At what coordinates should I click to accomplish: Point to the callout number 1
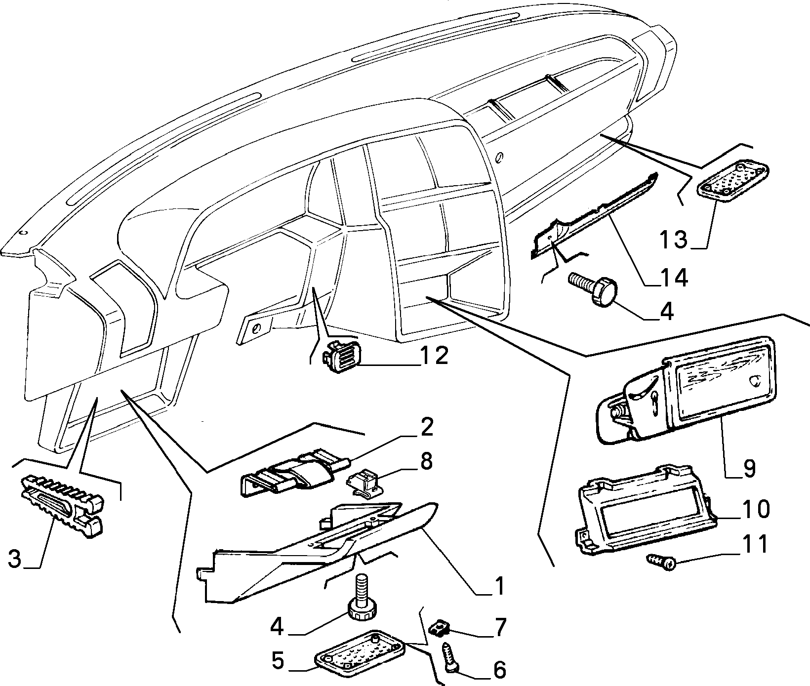coord(499,586)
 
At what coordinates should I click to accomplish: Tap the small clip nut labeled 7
coord(438,628)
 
